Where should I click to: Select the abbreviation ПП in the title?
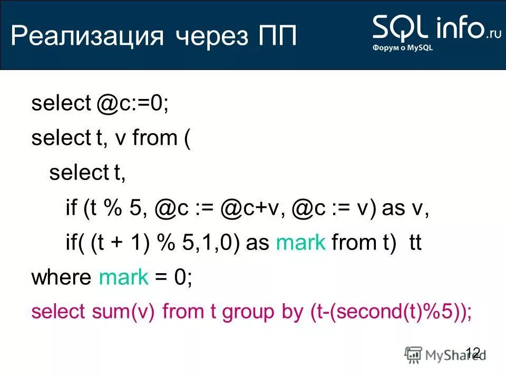click(x=277, y=38)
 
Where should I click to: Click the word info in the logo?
click(x=459, y=27)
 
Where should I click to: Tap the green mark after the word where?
click(x=124, y=277)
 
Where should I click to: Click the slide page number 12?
click(x=473, y=352)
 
